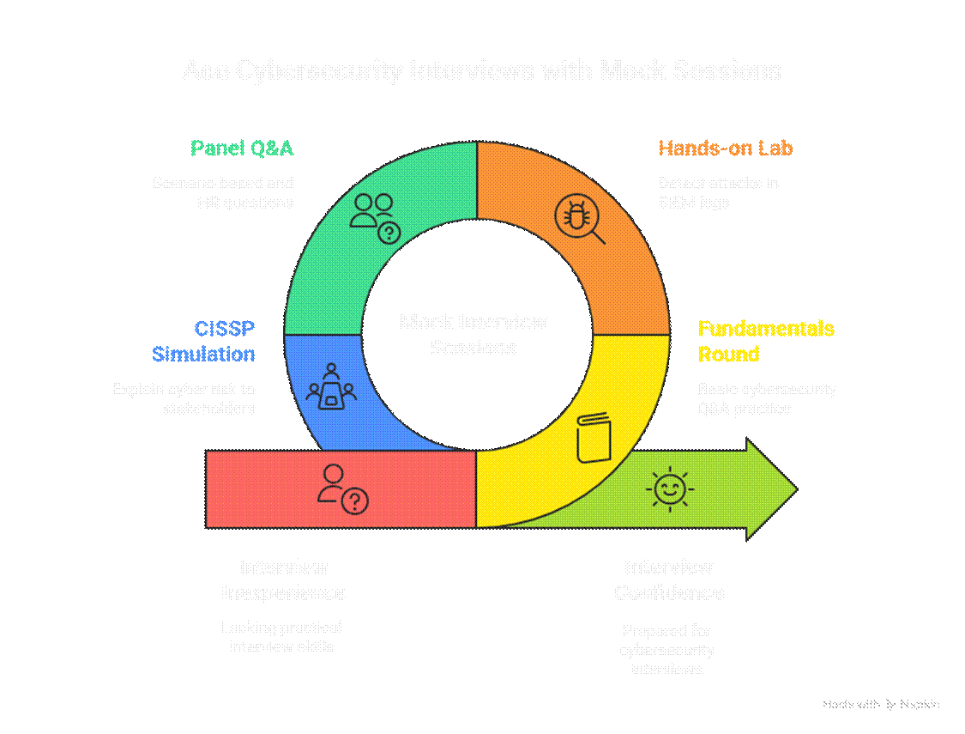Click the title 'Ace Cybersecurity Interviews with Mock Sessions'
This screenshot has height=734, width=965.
[482, 70]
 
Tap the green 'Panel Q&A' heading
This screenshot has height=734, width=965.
[242, 149]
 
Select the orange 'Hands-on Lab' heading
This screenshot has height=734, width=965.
[725, 149]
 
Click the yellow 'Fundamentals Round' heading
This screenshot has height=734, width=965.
[765, 341]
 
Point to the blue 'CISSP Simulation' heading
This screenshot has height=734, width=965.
[204, 341]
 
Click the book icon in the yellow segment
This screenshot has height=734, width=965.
[593, 439]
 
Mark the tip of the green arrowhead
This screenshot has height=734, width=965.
[795, 489]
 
